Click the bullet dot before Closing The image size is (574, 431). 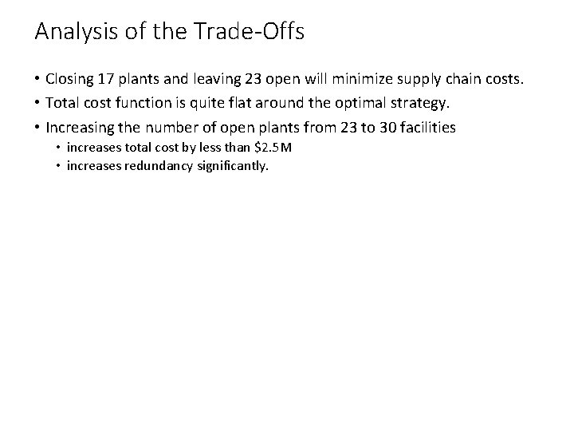(37, 80)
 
